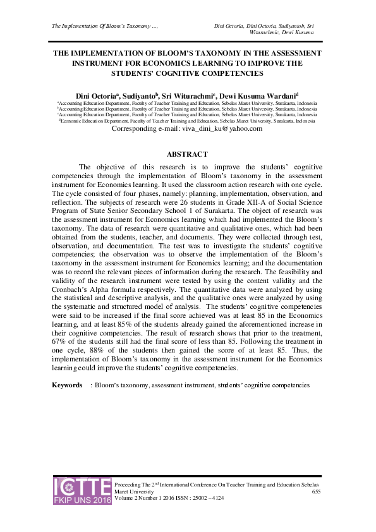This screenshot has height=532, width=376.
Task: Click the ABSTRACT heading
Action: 186,154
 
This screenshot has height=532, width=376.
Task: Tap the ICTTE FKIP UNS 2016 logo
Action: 83,491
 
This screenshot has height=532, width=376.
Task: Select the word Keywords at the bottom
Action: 66,385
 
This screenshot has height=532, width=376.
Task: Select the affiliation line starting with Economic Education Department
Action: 188,120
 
